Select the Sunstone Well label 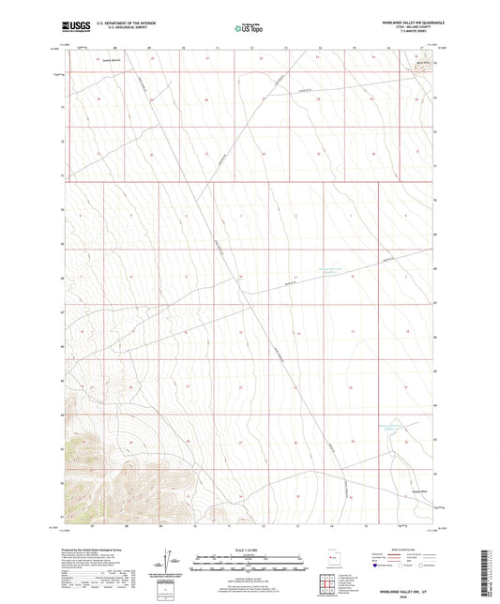pyautogui.click(x=390, y=488)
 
